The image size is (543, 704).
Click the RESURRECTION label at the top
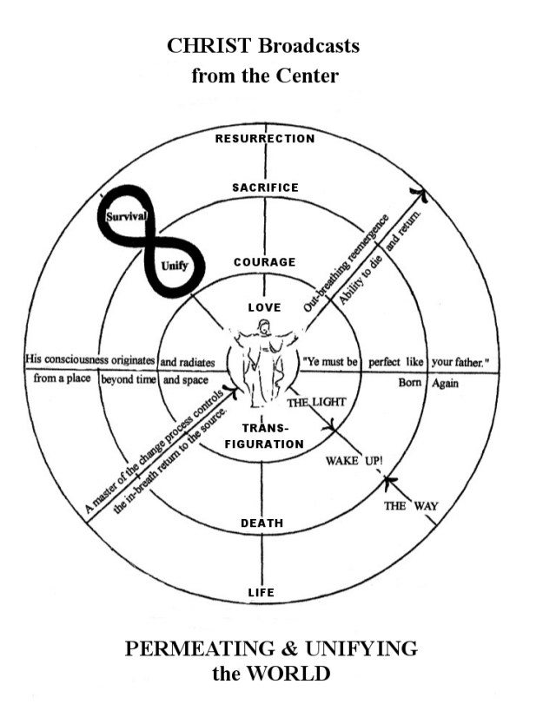(x=265, y=139)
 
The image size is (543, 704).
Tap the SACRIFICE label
(x=265, y=188)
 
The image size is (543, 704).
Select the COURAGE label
(x=265, y=262)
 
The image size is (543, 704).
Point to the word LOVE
(x=264, y=307)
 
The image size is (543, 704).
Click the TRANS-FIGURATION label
(x=264, y=437)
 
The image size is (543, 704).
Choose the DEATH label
(x=262, y=523)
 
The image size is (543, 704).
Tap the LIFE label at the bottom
(x=262, y=593)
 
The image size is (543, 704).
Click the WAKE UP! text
(x=354, y=460)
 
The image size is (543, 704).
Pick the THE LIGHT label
(x=317, y=402)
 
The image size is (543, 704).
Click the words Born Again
(x=427, y=383)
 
